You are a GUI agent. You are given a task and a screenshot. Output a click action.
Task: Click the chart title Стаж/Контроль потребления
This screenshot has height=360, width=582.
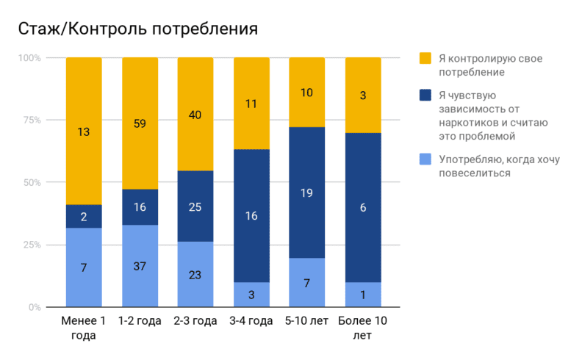click(137, 29)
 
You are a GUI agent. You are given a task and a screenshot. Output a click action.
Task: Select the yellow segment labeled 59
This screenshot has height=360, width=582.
click(140, 123)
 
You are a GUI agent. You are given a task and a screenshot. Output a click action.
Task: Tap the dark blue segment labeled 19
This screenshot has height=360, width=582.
click(307, 192)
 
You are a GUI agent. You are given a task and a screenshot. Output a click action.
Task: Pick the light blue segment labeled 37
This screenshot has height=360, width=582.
click(140, 266)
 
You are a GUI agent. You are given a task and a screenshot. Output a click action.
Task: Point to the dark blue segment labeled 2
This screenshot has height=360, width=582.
click(84, 216)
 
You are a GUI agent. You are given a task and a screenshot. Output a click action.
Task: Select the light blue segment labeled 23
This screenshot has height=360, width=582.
click(195, 274)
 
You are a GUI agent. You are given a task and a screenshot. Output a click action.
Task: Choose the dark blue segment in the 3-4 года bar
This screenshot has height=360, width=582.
click(251, 215)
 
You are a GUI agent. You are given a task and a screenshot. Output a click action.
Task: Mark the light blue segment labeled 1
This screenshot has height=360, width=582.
click(363, 295)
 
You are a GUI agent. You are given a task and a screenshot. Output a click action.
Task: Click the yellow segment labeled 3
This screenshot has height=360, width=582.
click(363, 95)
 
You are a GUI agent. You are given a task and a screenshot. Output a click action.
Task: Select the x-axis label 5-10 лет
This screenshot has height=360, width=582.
click(307, 322)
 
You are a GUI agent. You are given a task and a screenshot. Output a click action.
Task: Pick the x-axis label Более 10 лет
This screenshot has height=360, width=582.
click(363, 328)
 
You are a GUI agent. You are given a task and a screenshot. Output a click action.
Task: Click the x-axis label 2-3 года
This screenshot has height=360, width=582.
click(195, 322)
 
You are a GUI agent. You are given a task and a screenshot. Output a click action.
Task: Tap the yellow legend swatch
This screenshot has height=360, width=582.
click(425, 58)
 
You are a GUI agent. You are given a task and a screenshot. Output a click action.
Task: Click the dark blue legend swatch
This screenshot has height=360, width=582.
click(425, 95)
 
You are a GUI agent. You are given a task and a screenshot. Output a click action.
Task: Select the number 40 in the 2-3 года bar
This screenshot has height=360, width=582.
click(195, 115)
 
